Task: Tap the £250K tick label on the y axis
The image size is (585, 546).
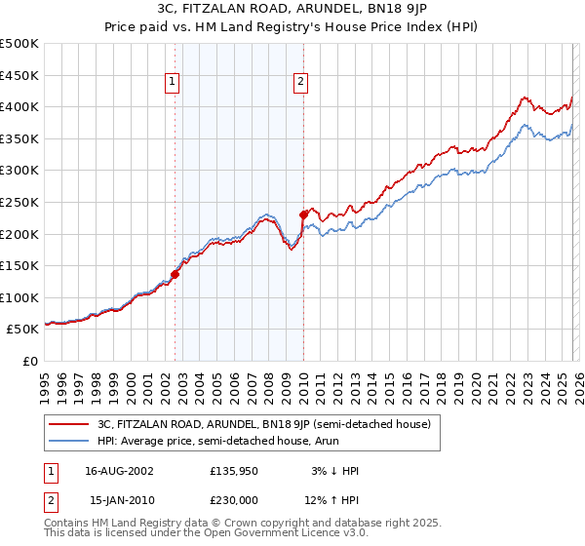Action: [x=19, y=202]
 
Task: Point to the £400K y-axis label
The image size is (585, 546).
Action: [x=19, y=106]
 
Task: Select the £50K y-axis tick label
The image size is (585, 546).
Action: [x=22, y=330]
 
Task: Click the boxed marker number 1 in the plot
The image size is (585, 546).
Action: [x=172, y=83]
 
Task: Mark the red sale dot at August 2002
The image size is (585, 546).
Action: [x=175, y=275]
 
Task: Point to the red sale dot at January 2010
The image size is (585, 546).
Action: [x=302, y=214]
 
